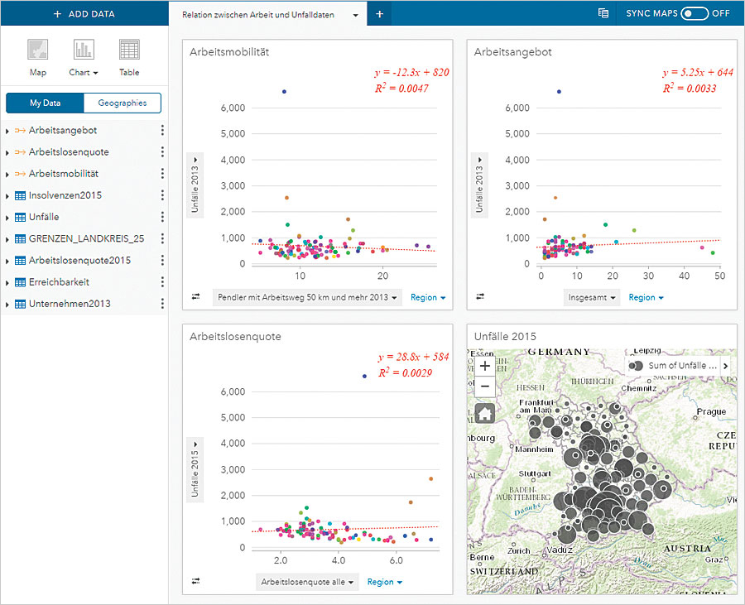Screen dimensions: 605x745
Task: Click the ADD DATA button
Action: tap(84, 14)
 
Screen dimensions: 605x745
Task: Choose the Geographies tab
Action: tap(122, 103)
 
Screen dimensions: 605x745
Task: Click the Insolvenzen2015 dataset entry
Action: tap(65, 195)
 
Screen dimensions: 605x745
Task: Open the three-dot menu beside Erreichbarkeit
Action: tap(162, 282)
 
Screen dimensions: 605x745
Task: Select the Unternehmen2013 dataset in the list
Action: tap(70, 304)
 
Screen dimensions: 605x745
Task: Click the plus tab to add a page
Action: tap(379, 14)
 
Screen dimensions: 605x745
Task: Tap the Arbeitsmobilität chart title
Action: tap(229, 52)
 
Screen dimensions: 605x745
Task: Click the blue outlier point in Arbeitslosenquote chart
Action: tap(363, 376)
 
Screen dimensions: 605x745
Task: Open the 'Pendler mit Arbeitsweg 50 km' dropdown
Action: tap(306, 297)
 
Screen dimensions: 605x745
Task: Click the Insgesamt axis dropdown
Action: tap(592, 297)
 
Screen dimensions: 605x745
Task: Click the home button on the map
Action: tap(484, 411)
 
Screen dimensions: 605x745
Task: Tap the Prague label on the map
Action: tap(711, 412)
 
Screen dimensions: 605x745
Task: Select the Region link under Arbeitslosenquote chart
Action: tap(384, 582)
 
